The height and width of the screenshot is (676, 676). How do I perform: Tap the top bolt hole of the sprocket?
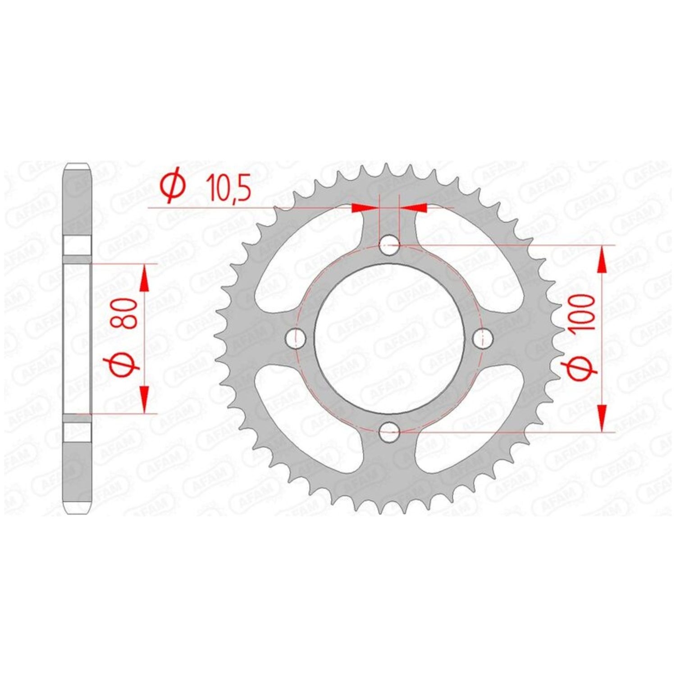389,246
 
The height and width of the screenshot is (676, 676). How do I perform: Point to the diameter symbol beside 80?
123,365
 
